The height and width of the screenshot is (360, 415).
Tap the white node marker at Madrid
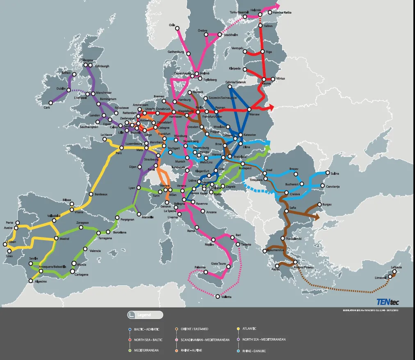pyautogui.click(x=57, y=238)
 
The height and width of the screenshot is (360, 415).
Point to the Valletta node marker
pyautogui.click(x=218, y=296)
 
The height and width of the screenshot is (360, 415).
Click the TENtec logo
pyautogui.click(x=387, y=302)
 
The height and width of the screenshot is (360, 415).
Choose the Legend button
pyautogui.click(x=145, y=315)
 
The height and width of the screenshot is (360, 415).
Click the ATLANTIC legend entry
pyautogui.click(x=249, y=328)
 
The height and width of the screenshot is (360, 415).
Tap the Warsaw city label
pyautogui.click(x=255, y=114)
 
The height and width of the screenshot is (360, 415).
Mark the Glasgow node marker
pyautogui.click(x=85, y=65)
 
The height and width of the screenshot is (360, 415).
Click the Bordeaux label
pyautogui.click(x=101, y=194)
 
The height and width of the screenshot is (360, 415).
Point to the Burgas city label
pyautogui.click(x=328, y=204)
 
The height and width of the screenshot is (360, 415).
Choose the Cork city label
pyautogui.click(x=46, y=108)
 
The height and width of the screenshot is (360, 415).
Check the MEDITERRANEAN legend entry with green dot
pyautogui.click(x=146, y=351)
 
